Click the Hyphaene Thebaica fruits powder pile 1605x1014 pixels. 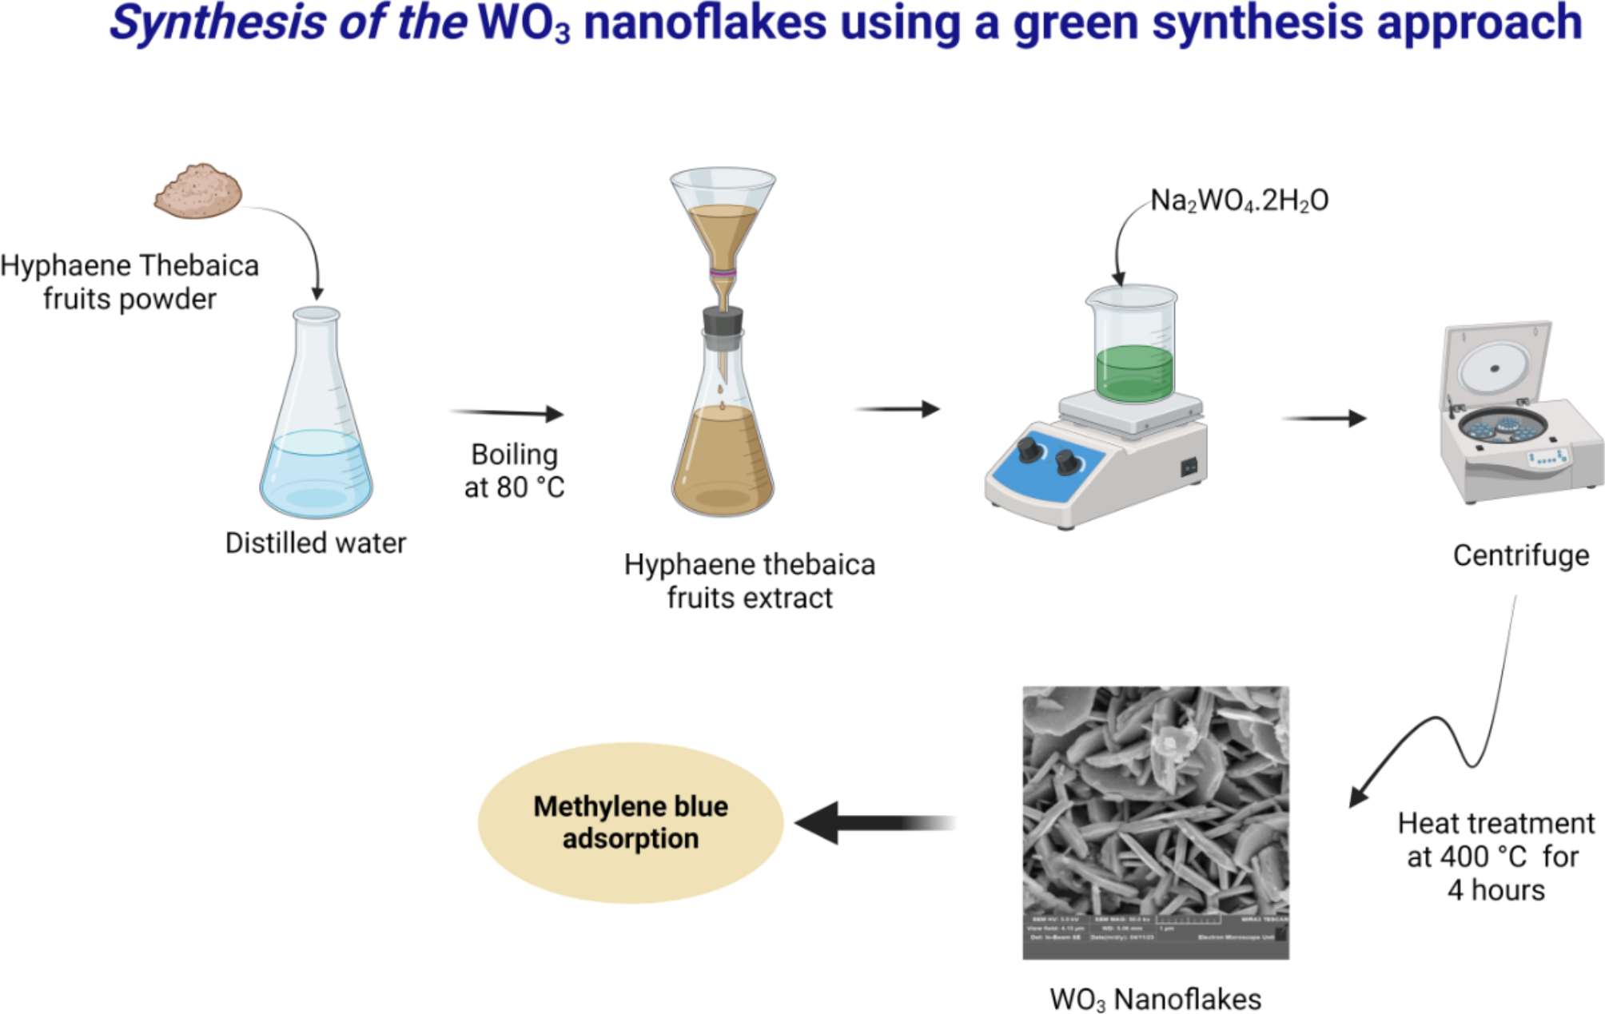(198, 191)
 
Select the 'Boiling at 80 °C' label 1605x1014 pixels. (514, 471)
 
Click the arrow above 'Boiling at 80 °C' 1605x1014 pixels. (508, 412)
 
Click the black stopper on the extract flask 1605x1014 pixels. (723, 322)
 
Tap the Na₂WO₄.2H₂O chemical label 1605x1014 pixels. (1239, 200)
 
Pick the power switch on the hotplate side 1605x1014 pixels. (1189, 466)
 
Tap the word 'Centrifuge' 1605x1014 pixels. (1520, 555)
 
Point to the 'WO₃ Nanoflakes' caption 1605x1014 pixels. (1155, 999)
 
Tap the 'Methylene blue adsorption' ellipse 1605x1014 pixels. (630, 823)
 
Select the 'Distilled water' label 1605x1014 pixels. (316, 543)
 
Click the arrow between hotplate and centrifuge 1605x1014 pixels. (1324, 418)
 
